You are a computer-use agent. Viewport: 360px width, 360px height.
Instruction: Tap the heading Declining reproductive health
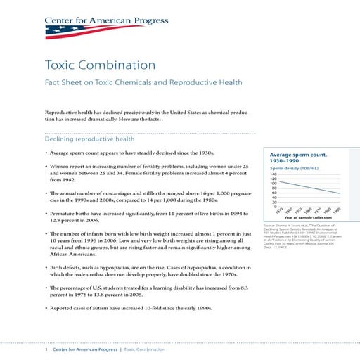(89, 139)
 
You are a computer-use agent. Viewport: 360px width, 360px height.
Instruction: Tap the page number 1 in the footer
(46, 349)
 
